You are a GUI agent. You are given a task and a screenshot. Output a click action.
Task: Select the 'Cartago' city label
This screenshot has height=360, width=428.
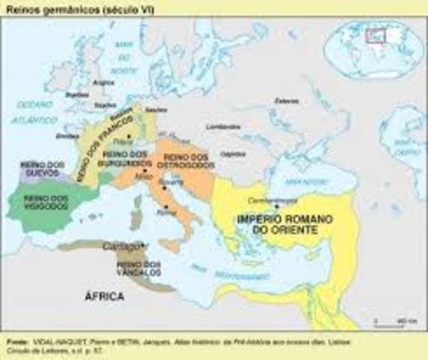tap(117, 245)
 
